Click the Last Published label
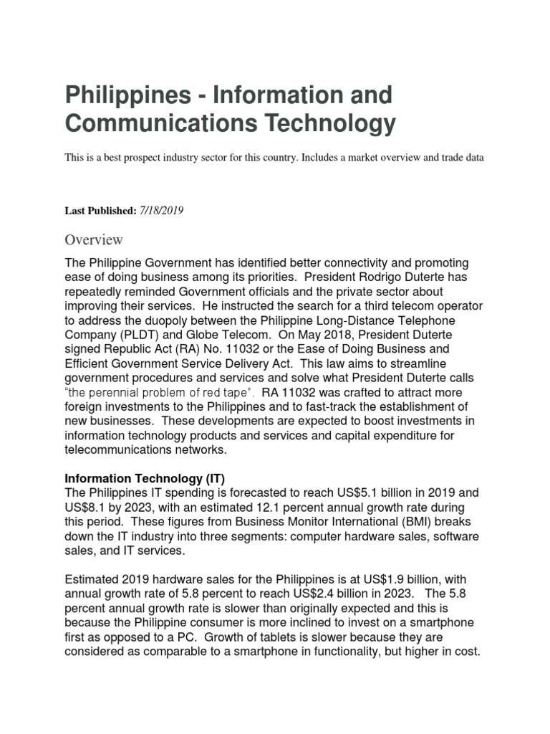(x=100, y=211)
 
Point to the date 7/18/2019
(x=163, y=211)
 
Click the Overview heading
(x=94, y=239)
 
